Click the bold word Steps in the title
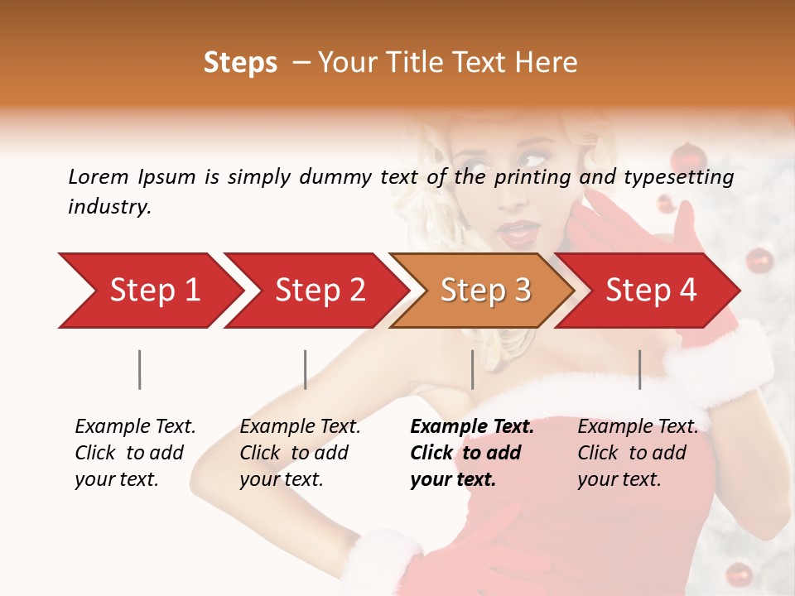click(240, 63)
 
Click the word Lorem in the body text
click(99, 176)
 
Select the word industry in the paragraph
click(109, 206)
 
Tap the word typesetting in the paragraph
click(680, 176)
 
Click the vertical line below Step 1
click(140, 369)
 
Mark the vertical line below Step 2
click(306, 369)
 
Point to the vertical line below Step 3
click(472, 369)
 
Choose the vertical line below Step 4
click(639, 369)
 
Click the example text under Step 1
click(135, 453)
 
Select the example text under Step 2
click(300, 453)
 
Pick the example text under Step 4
click(638, 453)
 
